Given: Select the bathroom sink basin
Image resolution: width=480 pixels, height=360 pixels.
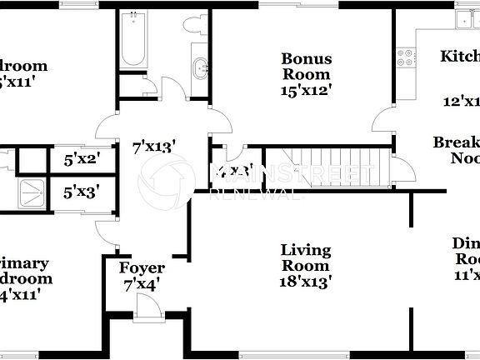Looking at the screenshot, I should [200, 67].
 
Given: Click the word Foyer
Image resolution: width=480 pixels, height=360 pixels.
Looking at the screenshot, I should [142, 268].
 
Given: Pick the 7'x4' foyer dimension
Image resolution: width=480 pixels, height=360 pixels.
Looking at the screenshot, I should [142, 283].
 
